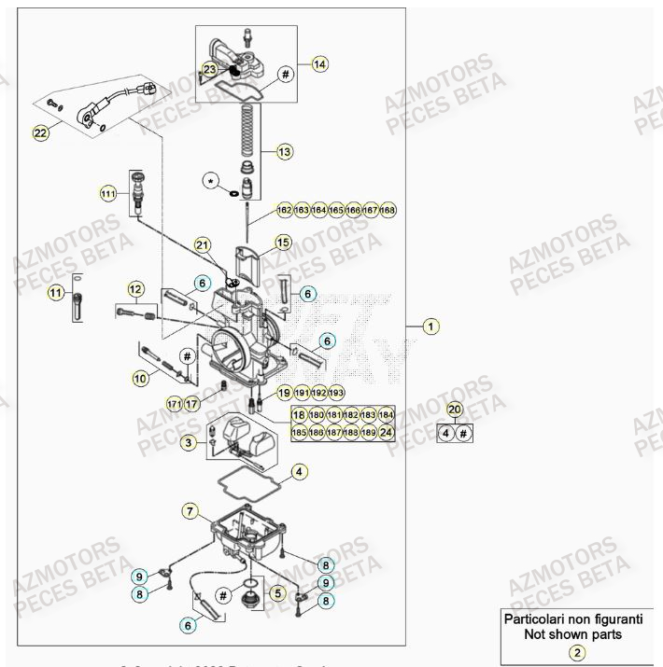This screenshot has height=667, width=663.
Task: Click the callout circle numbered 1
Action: coord(430,327)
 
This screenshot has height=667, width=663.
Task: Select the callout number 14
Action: coord(320,64)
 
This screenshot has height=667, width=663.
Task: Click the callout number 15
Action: coord(283,243)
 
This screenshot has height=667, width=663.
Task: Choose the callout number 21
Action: coord(204,244)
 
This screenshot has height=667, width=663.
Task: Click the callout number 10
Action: coord(140,378)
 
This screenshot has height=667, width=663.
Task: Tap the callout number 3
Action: coord(189,443)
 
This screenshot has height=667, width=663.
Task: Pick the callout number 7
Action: coord(190,511)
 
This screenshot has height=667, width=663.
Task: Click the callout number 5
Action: coord(276,591)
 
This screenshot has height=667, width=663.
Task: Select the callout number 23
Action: coord(210,69)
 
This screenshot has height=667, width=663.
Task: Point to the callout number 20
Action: coord(455,409)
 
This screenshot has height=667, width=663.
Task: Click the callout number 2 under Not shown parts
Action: coord(578,653)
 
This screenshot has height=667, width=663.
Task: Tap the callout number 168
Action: coord(388,211)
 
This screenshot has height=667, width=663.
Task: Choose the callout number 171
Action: coord(173,404)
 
